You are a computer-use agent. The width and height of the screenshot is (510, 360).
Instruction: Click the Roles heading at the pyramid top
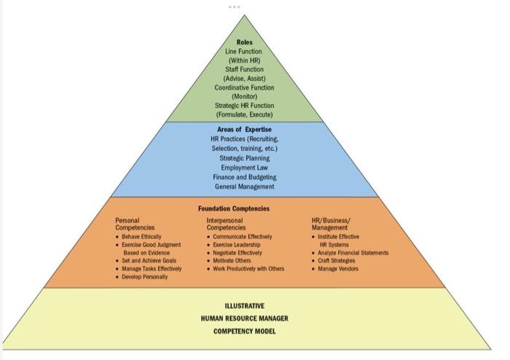point(245,42)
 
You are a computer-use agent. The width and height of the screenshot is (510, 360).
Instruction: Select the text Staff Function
point(245,69)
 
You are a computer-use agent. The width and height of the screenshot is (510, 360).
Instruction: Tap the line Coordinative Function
point(245,87)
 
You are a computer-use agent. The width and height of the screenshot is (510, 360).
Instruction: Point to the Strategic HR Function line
point(245,106)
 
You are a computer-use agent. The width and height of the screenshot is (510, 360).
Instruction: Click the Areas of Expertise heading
point(245,130)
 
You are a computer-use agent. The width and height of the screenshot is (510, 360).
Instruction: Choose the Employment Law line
point(245,167)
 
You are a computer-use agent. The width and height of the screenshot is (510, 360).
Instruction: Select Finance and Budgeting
point(245,177)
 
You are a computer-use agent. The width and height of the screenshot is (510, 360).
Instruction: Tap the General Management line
point(245,187)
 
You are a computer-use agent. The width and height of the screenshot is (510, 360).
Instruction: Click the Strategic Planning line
point(245,157)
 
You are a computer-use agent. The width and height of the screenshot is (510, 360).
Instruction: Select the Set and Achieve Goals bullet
point(149,261)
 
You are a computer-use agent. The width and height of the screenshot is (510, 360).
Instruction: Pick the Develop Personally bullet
point(144,277)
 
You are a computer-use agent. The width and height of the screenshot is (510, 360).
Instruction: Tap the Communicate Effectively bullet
point(243,237)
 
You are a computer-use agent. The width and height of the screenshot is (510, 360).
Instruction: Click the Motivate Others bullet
point(232,261)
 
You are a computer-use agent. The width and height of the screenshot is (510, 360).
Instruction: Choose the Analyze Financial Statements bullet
point(353,253)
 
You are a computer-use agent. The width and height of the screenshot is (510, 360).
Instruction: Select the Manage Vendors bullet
point(338,269)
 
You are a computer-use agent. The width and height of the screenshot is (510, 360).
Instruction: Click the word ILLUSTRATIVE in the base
point(245,306)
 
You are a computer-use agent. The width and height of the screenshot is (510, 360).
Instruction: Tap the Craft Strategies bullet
point(337,261)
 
